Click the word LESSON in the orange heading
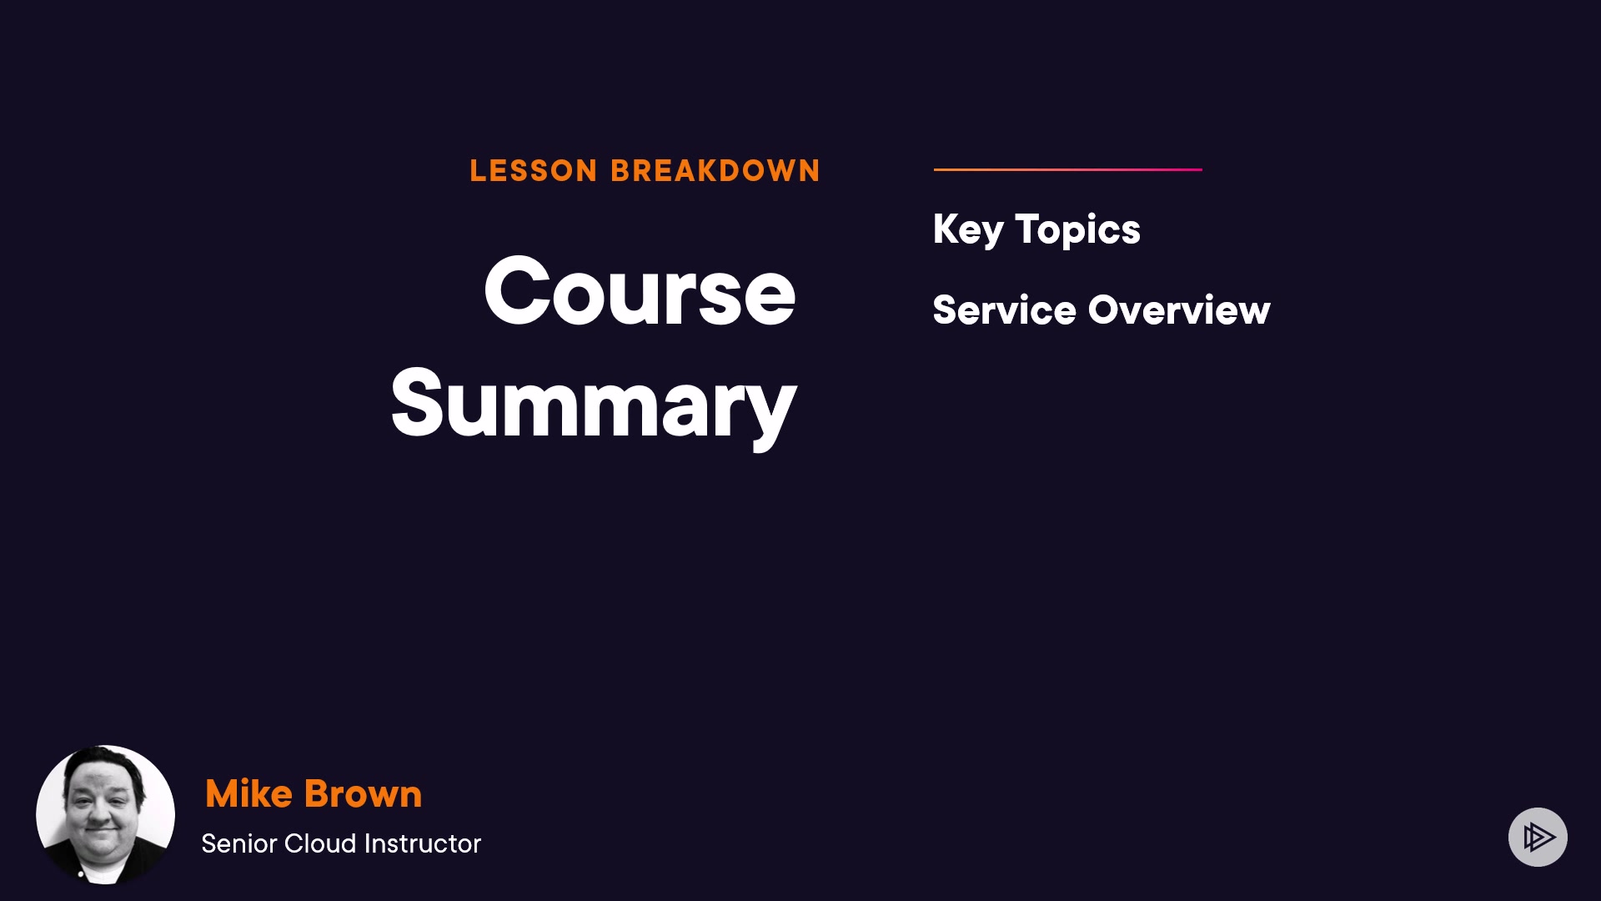click(x=534, y=171)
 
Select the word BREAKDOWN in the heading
click(x=715, y=171)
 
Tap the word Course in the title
click(x=640, y=291)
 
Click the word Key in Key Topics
click(x=968, y=230)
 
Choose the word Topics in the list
click(x=1077, y=230)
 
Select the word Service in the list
click(x=1005, y=310)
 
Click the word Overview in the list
click(x=1179, y=310)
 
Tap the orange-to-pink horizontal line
click(x=1068, y=169)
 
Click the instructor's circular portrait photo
click(x=105, y=814)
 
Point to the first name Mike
click(x=248, y=793)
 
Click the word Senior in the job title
click(x=238, y=843)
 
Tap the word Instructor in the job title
click(x=423, y=843)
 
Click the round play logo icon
click(x=1538, y=837)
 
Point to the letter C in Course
click(x=517, y=291)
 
